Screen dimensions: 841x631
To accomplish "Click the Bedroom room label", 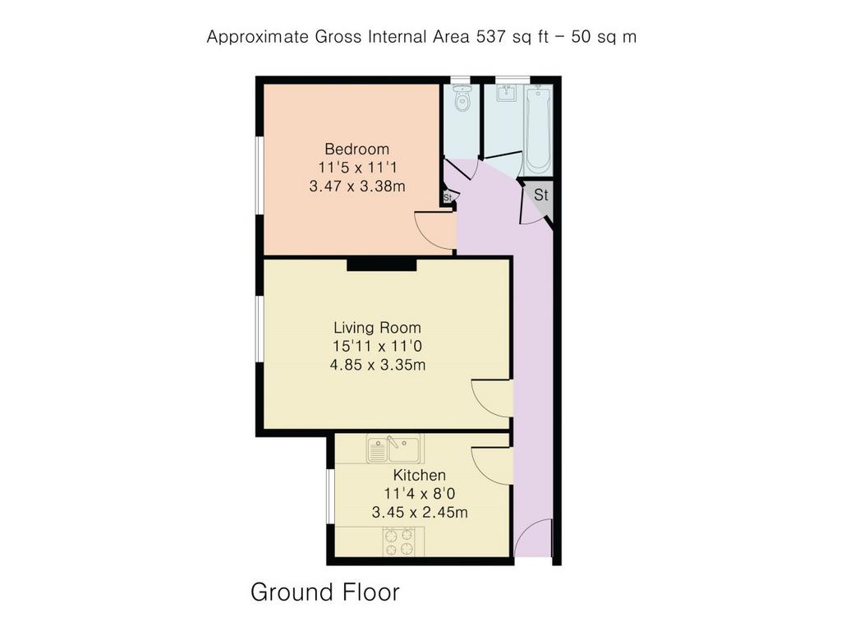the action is click(x=356, y=149).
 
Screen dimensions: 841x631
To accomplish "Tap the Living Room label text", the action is click(x=377, y=327).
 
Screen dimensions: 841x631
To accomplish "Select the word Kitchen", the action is click(x=420, y=475).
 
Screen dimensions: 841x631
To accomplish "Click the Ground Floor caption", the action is click(x=325, y=592).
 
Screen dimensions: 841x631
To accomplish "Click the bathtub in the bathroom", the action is click(x=537, y=130).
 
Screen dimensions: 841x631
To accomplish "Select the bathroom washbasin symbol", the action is click(x=505, y=94).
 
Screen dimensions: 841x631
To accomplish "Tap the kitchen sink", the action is click(x=395, y=449).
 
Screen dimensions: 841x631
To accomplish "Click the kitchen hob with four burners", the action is click(x=399, y=542).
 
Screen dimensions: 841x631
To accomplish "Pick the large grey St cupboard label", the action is click(x=540, y=195).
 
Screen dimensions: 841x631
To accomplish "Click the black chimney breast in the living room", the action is click(x=381, y=264).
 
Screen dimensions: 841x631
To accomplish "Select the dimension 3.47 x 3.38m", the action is click(x=357, y=187).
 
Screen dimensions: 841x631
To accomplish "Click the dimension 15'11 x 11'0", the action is click(x=378, y=346).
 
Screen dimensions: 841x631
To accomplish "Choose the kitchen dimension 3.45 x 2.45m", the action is click(x=420, y=512).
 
